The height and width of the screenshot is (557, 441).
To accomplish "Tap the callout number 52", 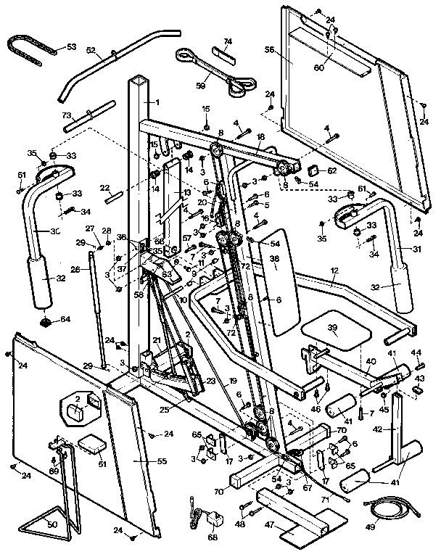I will click(91, 50).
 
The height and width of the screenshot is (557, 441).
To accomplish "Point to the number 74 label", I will click(228, 41).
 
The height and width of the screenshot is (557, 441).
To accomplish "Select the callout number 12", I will click(334, 270).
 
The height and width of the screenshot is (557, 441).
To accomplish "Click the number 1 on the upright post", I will click(156, 102).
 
